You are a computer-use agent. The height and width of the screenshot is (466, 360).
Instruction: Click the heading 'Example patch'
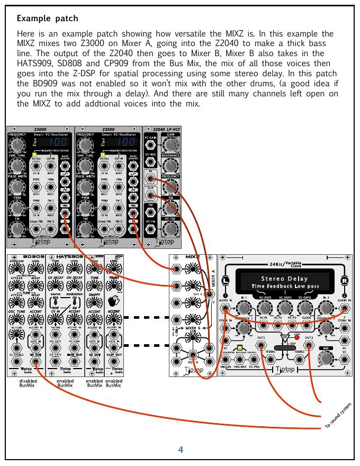point(47,19)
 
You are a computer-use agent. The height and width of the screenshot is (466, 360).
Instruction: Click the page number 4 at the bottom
point(181,450)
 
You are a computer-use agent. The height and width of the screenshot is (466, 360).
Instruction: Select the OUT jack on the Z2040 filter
point(151,195)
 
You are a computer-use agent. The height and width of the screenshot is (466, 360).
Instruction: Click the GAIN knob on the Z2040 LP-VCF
point(170,146)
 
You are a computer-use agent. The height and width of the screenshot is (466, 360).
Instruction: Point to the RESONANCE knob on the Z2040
point(170,166)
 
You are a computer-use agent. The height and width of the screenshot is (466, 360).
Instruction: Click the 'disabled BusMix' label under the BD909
point(28,383)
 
